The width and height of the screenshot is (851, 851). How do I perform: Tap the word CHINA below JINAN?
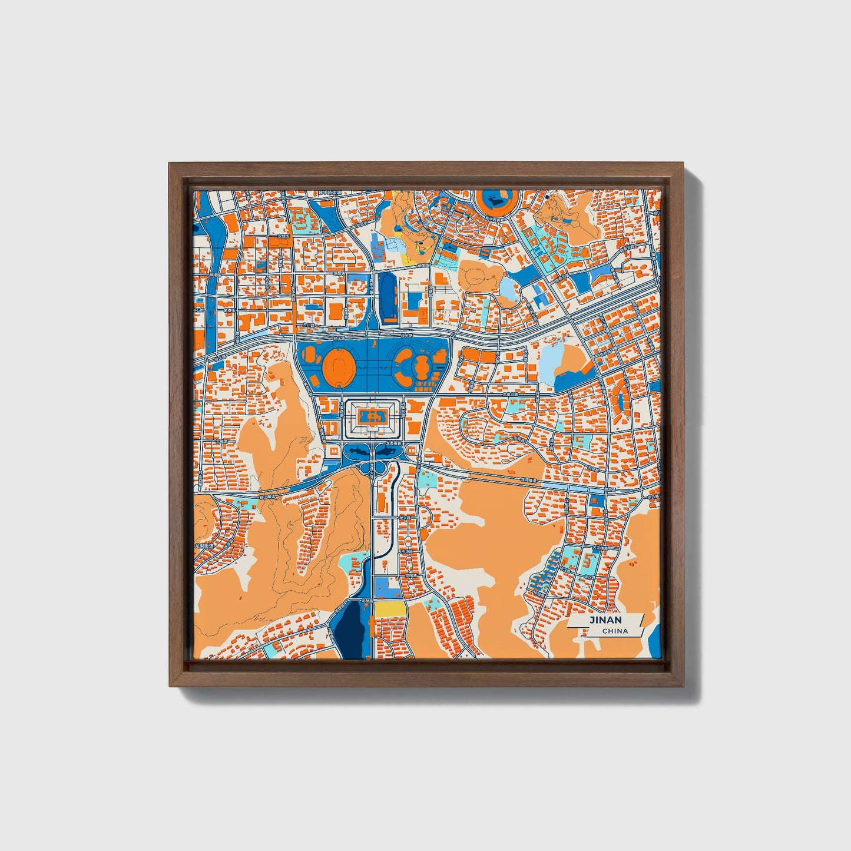click(615, 631)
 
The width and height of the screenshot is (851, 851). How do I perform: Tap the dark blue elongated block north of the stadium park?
click(389, 297)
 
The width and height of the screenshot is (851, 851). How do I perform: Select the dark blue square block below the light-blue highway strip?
click(596, 501)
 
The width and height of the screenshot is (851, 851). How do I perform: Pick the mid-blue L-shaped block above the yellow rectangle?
click(383, 587)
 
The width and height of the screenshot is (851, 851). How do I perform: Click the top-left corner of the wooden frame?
click(171, 165)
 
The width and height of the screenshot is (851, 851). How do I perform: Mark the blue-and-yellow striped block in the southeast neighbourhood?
click(538, 577)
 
